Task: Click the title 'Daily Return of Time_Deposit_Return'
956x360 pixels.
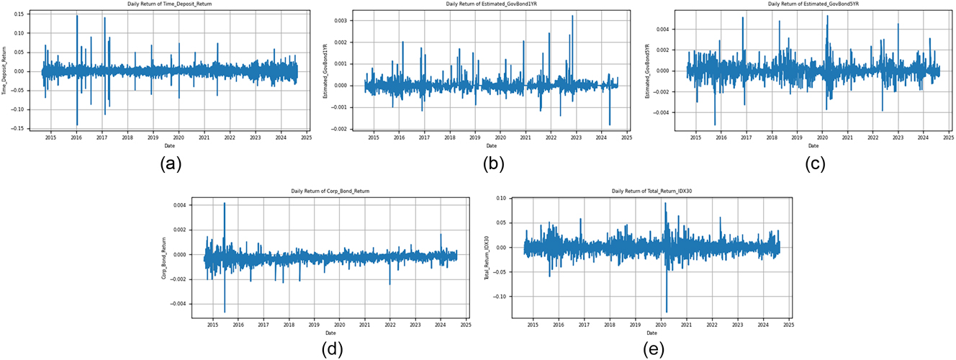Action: pos(170,4)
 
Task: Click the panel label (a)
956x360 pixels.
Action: pos(170,163)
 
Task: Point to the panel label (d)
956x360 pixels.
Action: pos(332,350)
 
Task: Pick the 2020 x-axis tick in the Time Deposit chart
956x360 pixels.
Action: pos(179,138)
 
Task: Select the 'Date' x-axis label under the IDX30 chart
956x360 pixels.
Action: pos(652,333)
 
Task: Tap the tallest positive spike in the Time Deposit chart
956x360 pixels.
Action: pos(77,16)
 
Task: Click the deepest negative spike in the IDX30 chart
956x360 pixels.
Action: pos(667,312)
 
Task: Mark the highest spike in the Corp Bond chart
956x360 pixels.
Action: pos(225,203)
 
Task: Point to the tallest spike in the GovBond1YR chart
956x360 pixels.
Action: pos(573,16)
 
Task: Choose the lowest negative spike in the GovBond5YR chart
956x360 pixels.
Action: pos(715,125)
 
